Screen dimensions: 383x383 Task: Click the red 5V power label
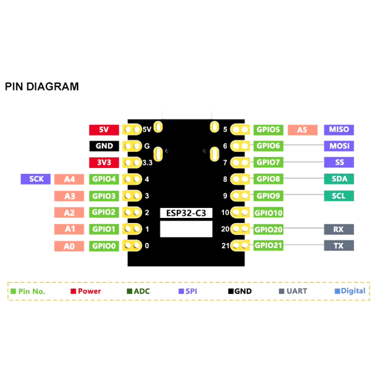pos(104,130)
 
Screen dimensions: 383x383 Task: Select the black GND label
pos(104,146)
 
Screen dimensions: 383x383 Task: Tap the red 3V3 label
pos(104,162)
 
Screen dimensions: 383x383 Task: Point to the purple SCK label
pos(36,179)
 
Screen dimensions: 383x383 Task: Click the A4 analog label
pos(69,180)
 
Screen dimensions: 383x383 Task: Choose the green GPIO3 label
pos(104,196)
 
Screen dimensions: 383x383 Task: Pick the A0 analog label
pos(69,246)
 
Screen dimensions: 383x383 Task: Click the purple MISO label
pos(339,130)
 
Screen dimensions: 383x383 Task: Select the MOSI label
pos(339,146)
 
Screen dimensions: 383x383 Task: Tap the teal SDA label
pos(339,179)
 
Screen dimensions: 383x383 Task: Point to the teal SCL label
pos(339,196)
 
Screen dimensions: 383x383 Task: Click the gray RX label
pos(339,230)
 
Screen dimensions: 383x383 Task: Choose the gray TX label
pos(339,246)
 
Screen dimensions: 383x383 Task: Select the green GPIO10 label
pos(268,213)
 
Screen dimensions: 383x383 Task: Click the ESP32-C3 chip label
pos(186,213)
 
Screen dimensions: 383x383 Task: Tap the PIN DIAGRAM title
pos(42,87)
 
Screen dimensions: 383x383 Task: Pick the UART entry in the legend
pos(293,291)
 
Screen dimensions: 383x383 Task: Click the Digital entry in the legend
pos(350,291)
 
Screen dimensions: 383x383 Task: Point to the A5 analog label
pos(302,130)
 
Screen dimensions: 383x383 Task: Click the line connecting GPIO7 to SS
pos(304,162)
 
